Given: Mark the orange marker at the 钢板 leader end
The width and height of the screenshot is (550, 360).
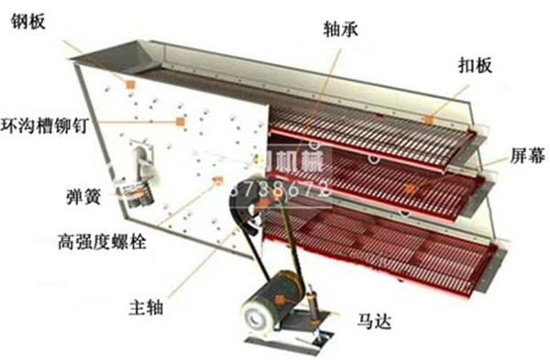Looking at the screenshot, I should tap(131, 84).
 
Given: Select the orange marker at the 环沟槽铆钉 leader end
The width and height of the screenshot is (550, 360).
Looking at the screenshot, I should tap(181, 121).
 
